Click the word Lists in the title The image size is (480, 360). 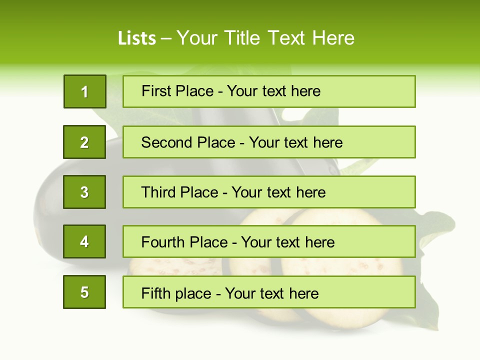[137, 38]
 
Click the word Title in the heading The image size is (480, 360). [243, 38]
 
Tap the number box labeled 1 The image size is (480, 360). [85, 91]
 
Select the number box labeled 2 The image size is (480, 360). [84, 142]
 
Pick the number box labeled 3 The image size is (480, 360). [84, 192]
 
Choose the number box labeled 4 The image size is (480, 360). [84, 241]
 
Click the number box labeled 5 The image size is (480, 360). [84, 292]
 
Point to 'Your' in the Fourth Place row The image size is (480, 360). [255, 242]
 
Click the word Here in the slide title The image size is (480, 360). [333, 38]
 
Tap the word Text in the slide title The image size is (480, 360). [286, 38]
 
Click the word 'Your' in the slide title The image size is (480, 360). [197, 38]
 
